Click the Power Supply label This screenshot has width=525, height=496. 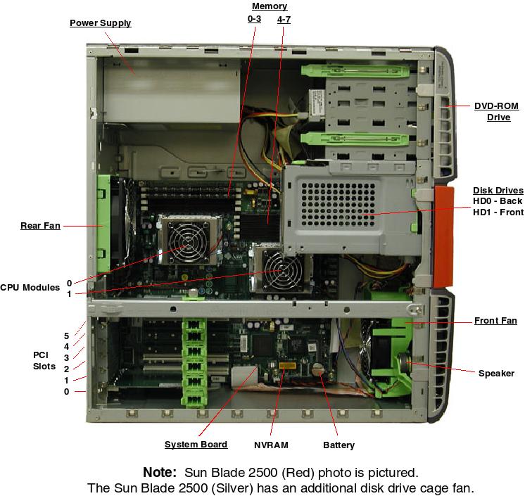pos(100,23)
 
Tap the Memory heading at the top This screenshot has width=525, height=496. pos(269,6)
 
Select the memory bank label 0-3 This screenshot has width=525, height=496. pos(254,19)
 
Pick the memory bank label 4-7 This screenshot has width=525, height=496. pos(284,19)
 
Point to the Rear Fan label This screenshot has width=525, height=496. pos(39,226)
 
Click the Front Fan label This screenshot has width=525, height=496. pos(495,321)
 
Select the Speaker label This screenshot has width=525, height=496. pos(496,374)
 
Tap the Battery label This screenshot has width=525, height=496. pos(339,445)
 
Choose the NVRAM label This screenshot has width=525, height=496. pos(271,445)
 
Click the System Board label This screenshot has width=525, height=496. pos(196,445)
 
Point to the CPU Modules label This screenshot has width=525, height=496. pos(30,288)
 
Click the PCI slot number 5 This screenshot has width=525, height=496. pos(67,336)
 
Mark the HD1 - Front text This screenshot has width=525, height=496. pos(498,212)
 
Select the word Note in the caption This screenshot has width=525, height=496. pos(159,472)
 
